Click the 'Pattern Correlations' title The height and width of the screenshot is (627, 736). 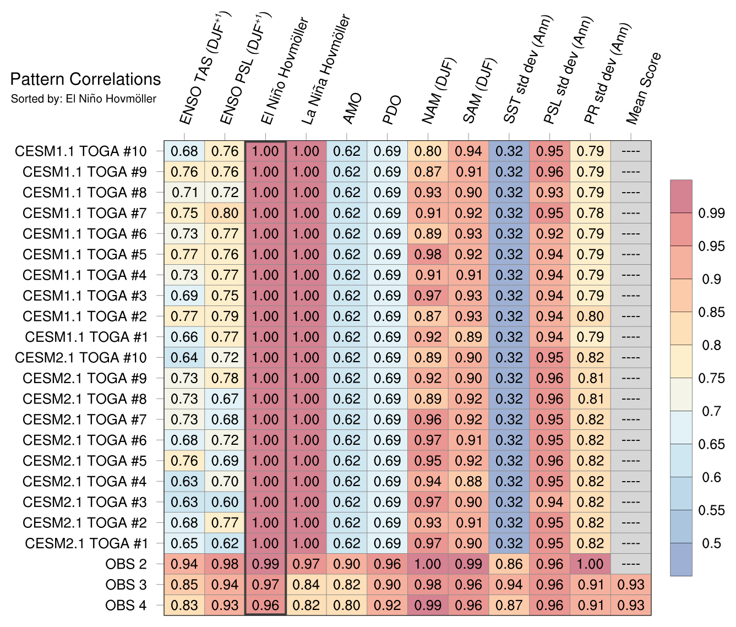coord(85,79)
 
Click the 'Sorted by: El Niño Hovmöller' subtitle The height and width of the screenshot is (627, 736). coord(84,99)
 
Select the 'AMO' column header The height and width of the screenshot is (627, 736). coord(352,108)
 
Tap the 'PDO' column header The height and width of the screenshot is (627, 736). coord(392,110)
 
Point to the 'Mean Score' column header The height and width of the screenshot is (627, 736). coord(644,88)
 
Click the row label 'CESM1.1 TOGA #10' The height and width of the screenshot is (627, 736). coord(81,151)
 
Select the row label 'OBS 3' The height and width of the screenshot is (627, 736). coord(126,585)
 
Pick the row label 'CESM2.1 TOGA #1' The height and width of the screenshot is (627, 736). coord(86,543)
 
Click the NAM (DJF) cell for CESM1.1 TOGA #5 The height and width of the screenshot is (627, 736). coord(428,254)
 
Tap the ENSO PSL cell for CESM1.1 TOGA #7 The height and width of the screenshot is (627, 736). coord(225,213)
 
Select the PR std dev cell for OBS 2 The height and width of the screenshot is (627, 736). coord(590,564)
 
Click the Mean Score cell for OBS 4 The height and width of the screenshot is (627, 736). coord(631,605)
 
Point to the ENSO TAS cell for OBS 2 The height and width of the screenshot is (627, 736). coord(184,564)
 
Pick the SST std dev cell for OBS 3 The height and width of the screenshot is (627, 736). coord(509,585)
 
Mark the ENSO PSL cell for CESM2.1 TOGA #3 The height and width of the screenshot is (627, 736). coord(225,502)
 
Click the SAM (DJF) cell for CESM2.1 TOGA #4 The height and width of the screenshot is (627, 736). coord(468,481)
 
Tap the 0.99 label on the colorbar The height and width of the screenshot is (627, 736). coord(712,213)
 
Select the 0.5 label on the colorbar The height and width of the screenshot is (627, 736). coord(712,543)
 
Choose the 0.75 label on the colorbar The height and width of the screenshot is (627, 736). coord(712,378)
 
